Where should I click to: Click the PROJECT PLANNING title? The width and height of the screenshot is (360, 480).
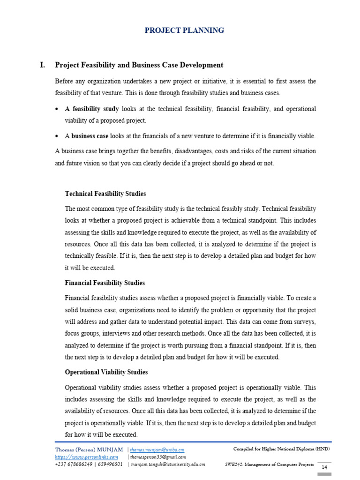(184, 30)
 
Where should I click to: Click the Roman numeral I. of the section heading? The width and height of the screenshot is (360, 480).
(44, 65)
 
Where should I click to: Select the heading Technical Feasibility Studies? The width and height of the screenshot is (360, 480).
(105, 194)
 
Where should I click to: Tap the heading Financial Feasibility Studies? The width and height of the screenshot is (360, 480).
(105, 283)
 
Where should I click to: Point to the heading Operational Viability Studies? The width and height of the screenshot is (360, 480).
(106, 372)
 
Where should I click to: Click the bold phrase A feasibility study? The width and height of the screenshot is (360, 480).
(91, 109)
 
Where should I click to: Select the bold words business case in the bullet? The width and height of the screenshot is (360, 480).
(89, 136)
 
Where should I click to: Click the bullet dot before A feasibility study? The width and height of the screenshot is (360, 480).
(57, 109)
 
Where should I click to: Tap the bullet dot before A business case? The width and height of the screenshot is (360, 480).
(57, 136)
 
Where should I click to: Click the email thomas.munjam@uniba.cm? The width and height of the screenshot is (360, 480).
(157, 449)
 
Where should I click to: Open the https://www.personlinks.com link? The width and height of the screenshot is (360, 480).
(86, 457)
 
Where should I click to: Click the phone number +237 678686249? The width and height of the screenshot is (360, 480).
(74, 464)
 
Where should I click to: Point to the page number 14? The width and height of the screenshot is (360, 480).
(324, 468)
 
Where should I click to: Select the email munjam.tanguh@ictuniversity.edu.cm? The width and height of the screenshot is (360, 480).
(168, 464)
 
